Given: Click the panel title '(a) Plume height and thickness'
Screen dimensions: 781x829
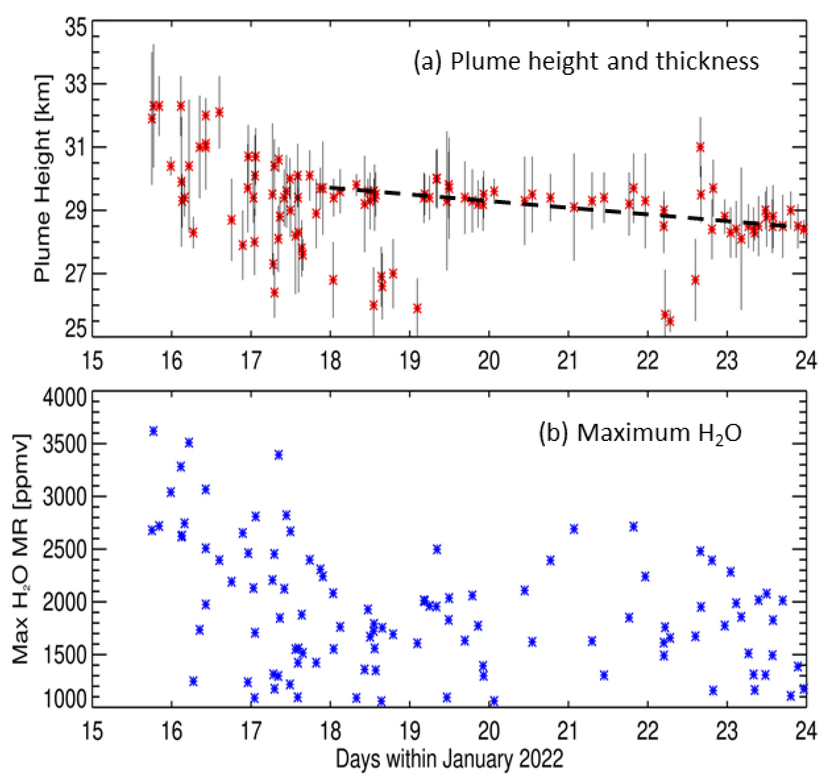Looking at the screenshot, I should [x=585, y=62].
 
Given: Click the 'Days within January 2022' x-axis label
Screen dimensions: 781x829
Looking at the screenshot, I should [x=449, y=758].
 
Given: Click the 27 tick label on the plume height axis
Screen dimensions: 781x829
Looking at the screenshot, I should [x=75, y=274].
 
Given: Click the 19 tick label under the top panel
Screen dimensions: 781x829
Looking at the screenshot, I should [x=409, y=361].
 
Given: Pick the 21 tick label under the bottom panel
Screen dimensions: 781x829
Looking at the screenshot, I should [x=568, y=730].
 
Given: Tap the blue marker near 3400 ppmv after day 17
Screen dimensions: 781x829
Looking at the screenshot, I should [x=278, y=455].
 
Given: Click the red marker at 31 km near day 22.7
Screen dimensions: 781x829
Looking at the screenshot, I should [x=700, y=147].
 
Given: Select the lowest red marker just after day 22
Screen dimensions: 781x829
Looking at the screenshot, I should [x=670, y=321].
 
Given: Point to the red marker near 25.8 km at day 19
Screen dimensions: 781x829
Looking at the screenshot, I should [x=417, y=308].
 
